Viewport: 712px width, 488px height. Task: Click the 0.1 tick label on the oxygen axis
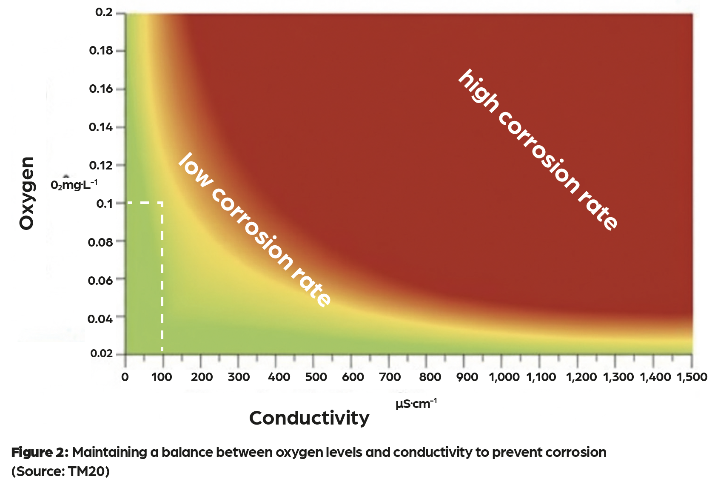[105, 204]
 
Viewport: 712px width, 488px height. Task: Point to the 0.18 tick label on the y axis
[101, 51]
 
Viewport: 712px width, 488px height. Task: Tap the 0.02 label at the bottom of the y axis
[101, 353]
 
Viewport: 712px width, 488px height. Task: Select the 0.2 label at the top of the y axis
[104, 12]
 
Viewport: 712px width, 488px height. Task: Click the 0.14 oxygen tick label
[101, 127]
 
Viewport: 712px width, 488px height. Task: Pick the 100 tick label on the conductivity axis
[162, 377]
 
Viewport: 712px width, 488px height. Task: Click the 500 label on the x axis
[316, 377]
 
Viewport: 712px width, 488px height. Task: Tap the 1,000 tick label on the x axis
[504, 377]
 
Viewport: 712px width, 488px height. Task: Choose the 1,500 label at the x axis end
[692, 377]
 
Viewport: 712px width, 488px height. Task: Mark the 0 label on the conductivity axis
[125, 377]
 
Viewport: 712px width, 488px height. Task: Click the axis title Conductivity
[309, 418]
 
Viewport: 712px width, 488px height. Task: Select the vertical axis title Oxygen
[27, 193]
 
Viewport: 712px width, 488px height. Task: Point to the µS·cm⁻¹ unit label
[416, 403]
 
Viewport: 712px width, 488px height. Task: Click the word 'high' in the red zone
[479, 91]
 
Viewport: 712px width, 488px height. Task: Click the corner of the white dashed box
[162, 203]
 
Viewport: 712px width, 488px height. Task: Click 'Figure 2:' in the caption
[40, 452]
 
